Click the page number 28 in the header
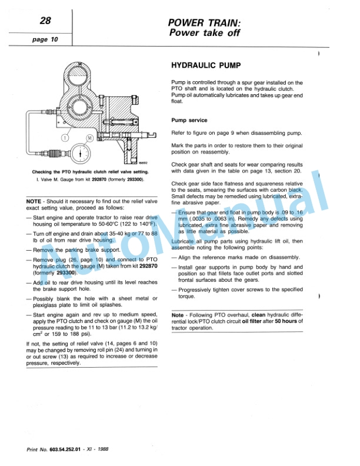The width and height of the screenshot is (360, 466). pyautogui.click(x=45, y=22)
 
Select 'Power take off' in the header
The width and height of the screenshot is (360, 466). pyautogui.click(x=204, y=33)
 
